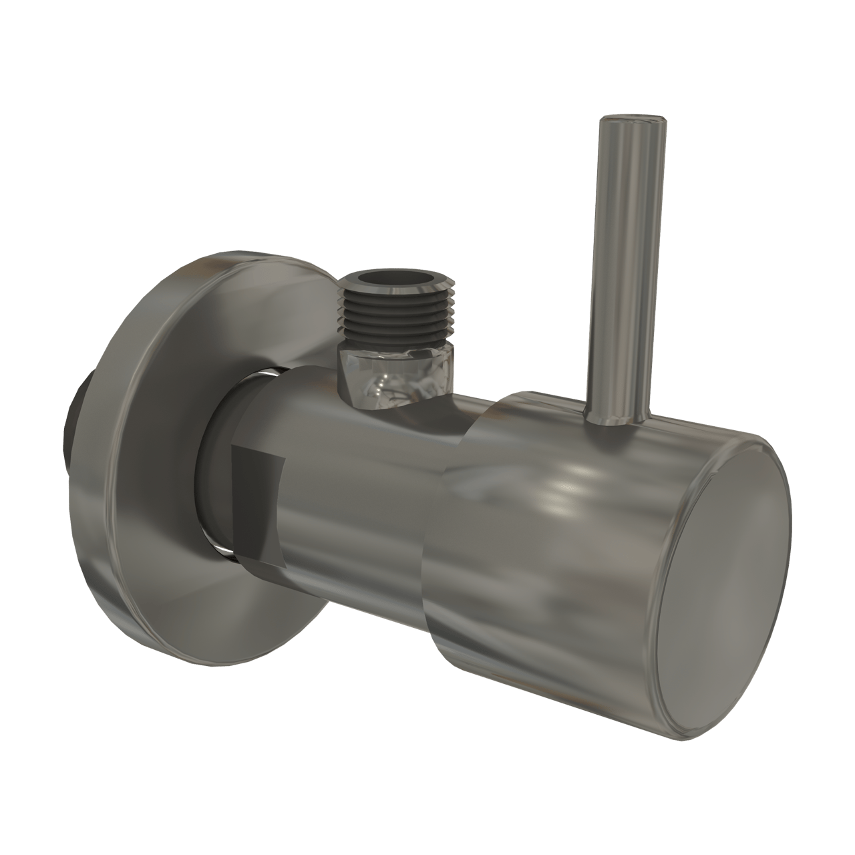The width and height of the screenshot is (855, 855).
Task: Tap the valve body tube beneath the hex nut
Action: click(374, 468)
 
